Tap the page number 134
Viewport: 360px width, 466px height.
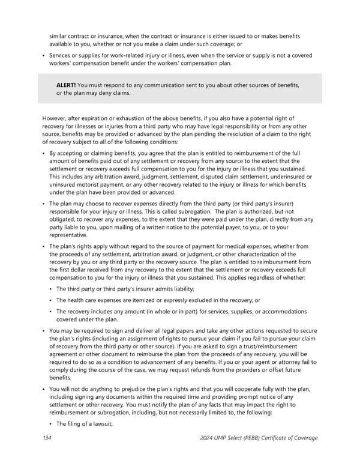click(x=48, y=438)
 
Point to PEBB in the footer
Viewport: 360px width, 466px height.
click(x=257, y=438)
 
